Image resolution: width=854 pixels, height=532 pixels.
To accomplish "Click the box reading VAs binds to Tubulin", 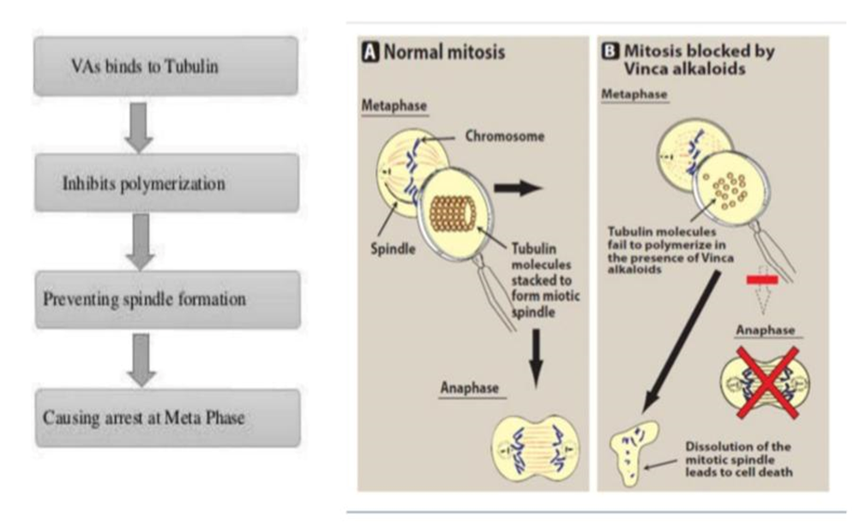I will tap(166, 65).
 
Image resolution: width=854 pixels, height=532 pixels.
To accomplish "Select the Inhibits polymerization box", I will tap(166, 182).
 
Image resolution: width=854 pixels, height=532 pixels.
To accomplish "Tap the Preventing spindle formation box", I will tap(166, 299).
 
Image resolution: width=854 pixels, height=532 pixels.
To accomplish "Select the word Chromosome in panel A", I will tap(493, 136).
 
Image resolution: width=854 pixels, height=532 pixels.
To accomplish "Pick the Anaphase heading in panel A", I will tap(470, 387).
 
